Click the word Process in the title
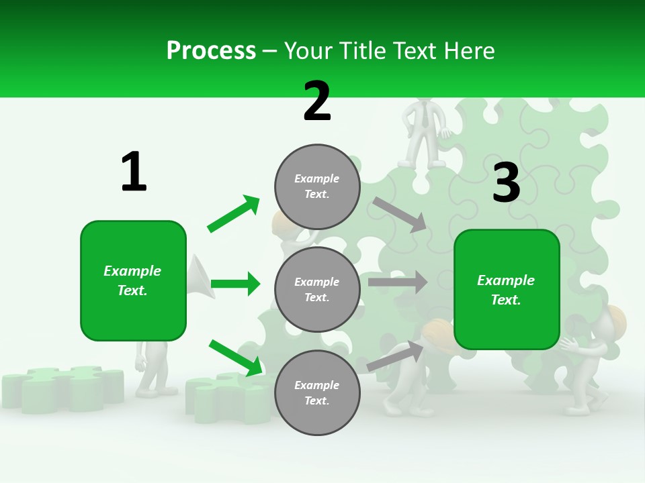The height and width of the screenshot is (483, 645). pos(211,51)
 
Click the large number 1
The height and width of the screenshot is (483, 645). pos(134,172)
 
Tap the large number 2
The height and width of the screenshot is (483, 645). pos(317,101)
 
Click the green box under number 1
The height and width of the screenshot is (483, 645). pos(133,280)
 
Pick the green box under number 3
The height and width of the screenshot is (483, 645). pos(507,289)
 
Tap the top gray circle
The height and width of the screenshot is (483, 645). pos(317,186)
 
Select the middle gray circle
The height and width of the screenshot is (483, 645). pos(317,289)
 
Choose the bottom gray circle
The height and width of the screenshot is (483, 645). pos(317,392)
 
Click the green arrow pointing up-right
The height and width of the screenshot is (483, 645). pos(234,213)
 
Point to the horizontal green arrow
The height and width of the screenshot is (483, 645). pos(235,284)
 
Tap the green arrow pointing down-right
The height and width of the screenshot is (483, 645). pos(235,357)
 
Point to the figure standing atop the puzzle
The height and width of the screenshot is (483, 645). pos(423,131)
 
